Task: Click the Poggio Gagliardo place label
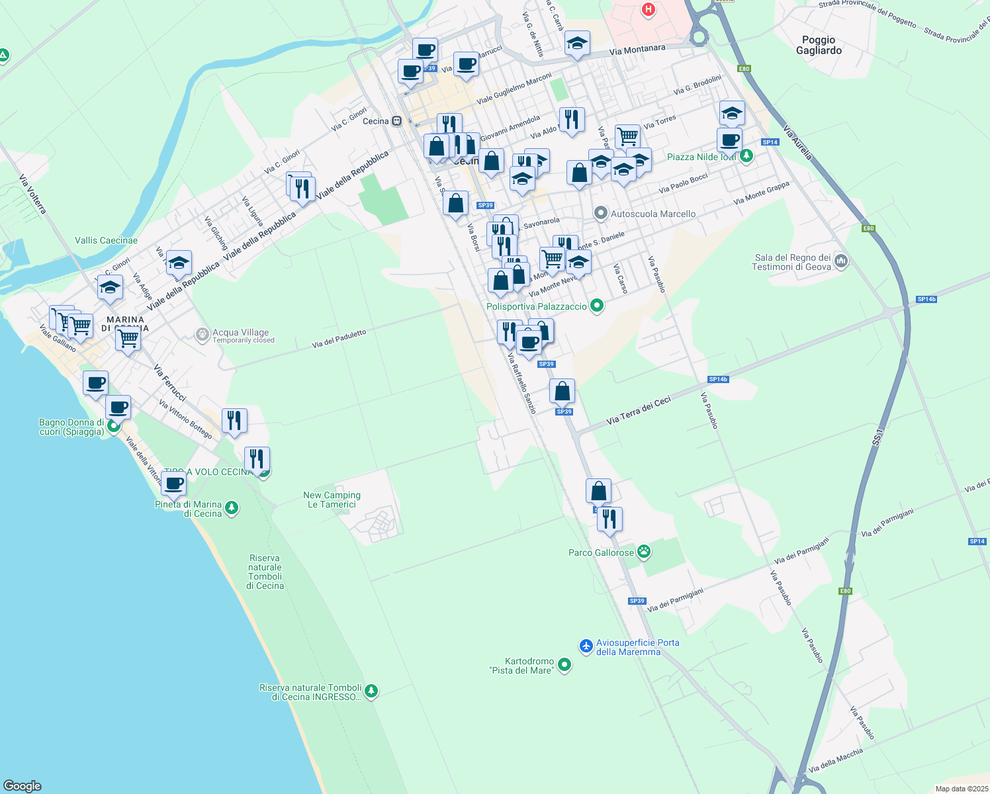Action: point(819,45)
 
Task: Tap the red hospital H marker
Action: point(649,9)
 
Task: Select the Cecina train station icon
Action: point(396,121)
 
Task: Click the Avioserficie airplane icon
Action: point(586,646)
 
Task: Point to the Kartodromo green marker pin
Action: point(564,664)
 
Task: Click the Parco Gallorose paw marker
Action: point(644,552)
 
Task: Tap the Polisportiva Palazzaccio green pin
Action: point(597,306)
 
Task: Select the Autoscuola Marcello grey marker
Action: point(600,213)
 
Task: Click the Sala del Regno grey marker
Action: point(841,261)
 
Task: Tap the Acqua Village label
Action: point(240,333)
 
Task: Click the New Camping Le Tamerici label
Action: point(332,500)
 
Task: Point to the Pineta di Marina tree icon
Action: point(231,508)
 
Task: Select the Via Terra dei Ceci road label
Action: point(639,410)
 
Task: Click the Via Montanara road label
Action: point(637,50)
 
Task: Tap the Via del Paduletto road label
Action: point(339,339)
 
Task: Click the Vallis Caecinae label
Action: point(106,240)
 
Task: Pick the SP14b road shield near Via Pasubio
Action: point(718,379)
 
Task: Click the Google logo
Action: point(22,785)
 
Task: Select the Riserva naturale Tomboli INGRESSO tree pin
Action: point(371,691)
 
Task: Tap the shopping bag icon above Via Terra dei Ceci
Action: point(562,391)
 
